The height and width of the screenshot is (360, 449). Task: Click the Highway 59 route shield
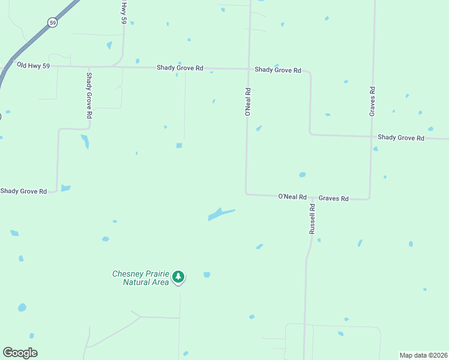tap(52, 22)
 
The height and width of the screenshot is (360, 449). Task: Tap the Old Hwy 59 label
tap(33, 65)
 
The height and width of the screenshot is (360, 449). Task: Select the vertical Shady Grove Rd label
tap(89, 95)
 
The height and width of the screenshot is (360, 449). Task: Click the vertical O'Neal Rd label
tap(247, 101)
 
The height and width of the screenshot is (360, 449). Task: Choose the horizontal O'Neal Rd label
tap(292, 197)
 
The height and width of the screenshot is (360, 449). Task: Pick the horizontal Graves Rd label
tap(333, 198)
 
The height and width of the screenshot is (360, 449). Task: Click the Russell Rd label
tap(312, 219)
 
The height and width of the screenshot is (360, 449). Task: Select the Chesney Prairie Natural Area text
tap(141, 278)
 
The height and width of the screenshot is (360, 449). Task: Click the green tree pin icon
tap(178, 277)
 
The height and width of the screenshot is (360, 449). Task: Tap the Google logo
tap(20, 353)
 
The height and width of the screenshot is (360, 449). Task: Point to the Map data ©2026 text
tap(423, 355)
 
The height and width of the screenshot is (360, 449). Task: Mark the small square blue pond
tap(179, 145)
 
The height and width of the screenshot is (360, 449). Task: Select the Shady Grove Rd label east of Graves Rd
tap(401, 137)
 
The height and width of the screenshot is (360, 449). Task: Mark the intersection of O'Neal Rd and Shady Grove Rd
tap(248, 69)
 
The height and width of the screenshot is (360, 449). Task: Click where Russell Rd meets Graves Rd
tap(312, 196)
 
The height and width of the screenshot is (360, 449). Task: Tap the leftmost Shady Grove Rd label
tap(23, 191)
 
